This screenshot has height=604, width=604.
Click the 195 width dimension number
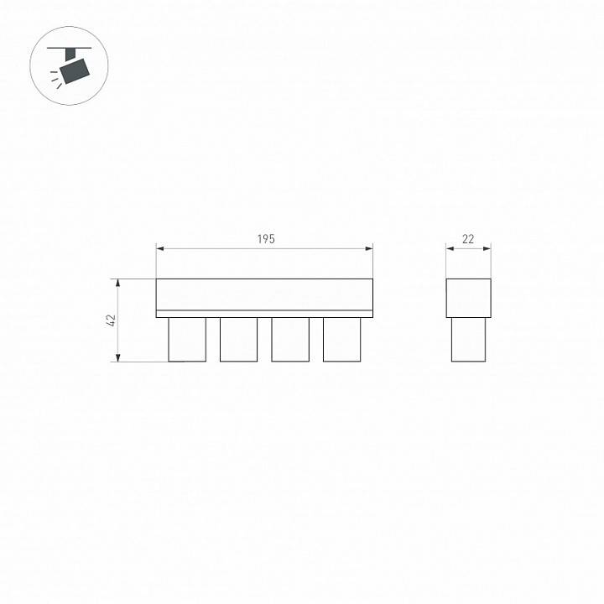click(x=265, y=239)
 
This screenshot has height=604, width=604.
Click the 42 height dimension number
click(x=111, y=320)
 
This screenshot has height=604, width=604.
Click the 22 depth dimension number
click(x=468, y=239)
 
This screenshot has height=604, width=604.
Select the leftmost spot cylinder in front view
click(x=187, y=339)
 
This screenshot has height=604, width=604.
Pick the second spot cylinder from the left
click(x=238, y=339)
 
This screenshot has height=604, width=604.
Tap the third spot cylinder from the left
click(x=290, y=339)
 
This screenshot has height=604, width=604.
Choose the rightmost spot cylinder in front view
click(x=341, y=339)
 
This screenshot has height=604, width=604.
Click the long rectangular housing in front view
click(x=264, y=294)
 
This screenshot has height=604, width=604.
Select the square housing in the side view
click(x=468, y=298)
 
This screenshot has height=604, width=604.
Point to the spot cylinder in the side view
click(x=468, y=339)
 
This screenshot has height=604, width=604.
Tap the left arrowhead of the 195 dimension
click(x=160, y=248)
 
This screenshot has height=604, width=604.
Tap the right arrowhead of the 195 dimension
click(x=369, y=248)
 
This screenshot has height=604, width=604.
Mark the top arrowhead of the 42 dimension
click(x=119, y=283)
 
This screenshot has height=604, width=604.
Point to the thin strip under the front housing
click(x=264, y=314)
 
